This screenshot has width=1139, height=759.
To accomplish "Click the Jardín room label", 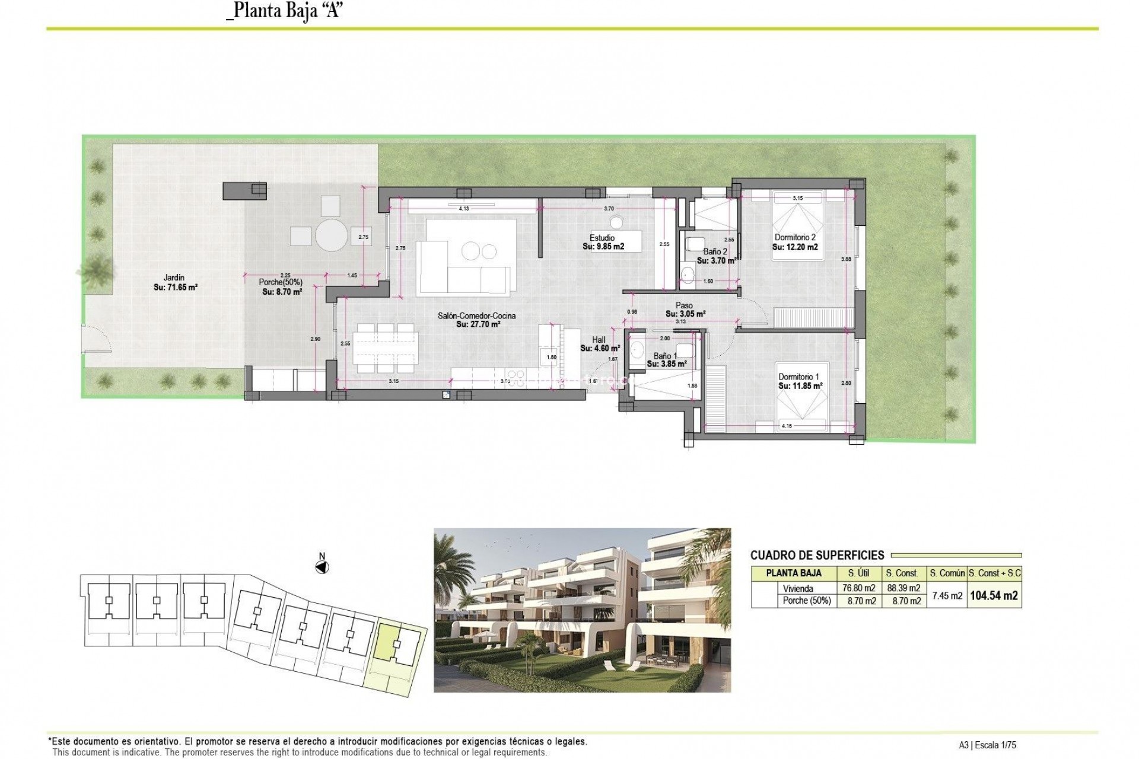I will click(x=174, y=278).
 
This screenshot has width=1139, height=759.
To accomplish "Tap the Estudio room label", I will click(x=602, y=238).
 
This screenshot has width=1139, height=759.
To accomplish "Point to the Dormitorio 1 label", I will click(x=799, y=377).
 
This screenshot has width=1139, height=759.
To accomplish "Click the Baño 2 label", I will click(x=715, y=251).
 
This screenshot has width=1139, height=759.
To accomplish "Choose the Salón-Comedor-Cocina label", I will click(x=476, y=316).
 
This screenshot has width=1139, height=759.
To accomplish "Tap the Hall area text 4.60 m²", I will click(x=600, y=349).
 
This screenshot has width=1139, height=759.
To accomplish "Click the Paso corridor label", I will click(x=684, y=305).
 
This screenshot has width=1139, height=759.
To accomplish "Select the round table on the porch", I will click(x=331, y=235).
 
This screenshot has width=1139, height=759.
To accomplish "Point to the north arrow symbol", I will click(x=322, y=566).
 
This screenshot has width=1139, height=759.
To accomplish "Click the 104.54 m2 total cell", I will click(x=994, y=595).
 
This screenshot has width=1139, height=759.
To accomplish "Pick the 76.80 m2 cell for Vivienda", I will click(x=859, y=588).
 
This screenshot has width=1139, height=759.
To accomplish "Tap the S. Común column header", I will click(x=947, y=573).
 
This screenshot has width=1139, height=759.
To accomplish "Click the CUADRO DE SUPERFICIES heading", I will click(x=817, y=556).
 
